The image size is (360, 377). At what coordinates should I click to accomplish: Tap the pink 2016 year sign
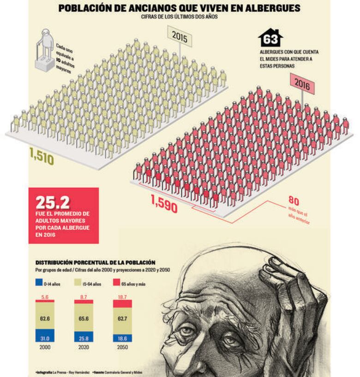click(x=302, y=85)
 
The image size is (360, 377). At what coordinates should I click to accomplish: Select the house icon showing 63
click(x=270, y=38)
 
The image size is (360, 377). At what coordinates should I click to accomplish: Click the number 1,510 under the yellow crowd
click(x=42, y=157)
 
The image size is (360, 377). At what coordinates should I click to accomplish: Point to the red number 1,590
click(x=164, y=205)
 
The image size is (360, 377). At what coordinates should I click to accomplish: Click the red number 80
click(x=294, y=201)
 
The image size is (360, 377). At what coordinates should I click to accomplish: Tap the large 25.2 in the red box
click(x=53, y=202)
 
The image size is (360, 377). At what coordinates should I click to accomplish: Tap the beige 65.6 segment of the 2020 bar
click(x=84, y=318)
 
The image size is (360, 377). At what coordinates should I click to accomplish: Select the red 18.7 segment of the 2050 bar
click(x=123, y=304)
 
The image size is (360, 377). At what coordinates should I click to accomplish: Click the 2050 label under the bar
click(x=123, y=347)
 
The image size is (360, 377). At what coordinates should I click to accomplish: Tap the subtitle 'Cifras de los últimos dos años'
click(x=180, y=17)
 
